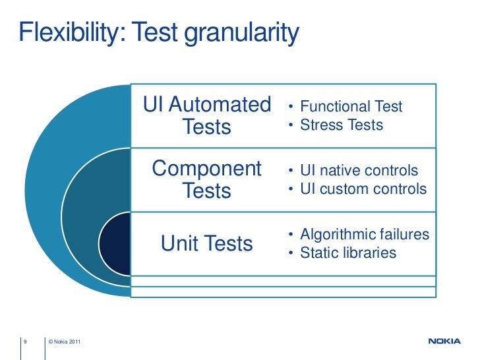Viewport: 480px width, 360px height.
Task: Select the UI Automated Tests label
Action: click(207, 115)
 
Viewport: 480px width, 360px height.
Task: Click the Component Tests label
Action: click(207, 179)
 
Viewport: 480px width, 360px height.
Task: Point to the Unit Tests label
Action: click(207, 244)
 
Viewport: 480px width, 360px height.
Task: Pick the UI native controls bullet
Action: click(359, 171)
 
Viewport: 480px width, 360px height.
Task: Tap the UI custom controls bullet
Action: click(363, 189)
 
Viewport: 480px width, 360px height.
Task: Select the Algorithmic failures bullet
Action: click(365, 235)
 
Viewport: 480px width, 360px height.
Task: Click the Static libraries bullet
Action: click(348, 253)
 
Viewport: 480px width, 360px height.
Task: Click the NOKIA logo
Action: click(446, 342)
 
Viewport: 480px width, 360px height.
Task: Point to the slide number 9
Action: click(24, 341)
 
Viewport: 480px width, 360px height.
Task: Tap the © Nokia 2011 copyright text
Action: click(65, 341)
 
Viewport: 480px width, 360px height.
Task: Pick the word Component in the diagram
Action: click(207, 169)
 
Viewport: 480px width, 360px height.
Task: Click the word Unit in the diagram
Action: click(175, 244)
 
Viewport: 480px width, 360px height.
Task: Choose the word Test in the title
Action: click(156, 32)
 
